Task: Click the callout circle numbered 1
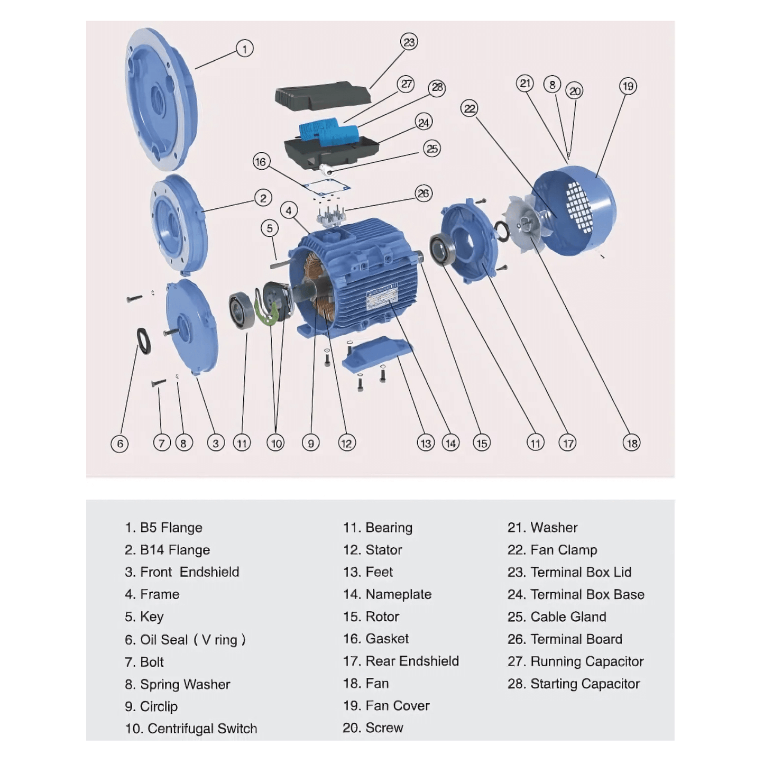pos(244,49)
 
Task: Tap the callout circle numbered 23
pos(409,42)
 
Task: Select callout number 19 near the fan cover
pos(628,86)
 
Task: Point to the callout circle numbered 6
pos(120,443)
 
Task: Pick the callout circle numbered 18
pos(631,443)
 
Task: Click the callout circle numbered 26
pos(423,194)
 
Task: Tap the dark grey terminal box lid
pos(322,95)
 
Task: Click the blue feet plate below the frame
pos(376,354)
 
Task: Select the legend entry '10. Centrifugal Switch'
pos(191,729)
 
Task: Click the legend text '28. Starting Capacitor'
pos(573,684)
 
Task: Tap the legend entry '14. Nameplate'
pos(387,594)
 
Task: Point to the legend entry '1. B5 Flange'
pos(163,528)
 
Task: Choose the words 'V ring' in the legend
pos(219,640)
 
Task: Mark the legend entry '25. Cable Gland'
pos(557,617)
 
